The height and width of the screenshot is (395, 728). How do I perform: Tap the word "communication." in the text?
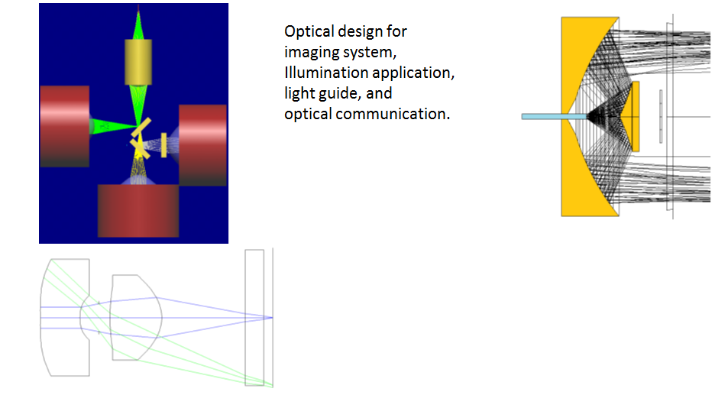coord(393,114)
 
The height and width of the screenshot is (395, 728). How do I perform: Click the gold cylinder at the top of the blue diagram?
coord(138,62)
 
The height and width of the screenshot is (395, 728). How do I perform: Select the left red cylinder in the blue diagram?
coord(64,126)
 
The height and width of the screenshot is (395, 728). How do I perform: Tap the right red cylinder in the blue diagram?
coord(203,145)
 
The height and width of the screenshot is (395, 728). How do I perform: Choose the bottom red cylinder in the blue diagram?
coord(138,211)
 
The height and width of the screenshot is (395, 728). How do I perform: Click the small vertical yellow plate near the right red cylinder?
coord(164,145)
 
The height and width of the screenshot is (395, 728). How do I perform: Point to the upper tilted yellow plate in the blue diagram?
coord(141,128)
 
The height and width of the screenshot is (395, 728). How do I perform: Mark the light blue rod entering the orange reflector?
coord(555,116)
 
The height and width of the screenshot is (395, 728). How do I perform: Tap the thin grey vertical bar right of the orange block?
coord(661,116)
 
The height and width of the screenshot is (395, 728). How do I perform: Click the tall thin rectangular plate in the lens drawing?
coord(254,318)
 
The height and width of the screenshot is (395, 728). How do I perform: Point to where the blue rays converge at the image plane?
coord(272,318)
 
